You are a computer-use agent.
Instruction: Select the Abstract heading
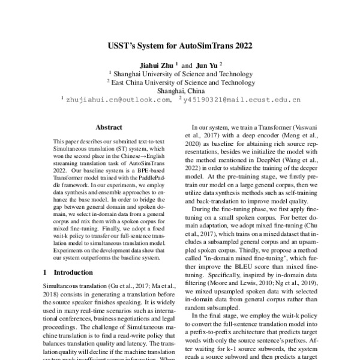click(109, 127)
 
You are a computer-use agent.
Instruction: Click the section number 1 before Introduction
click(46, 272)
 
